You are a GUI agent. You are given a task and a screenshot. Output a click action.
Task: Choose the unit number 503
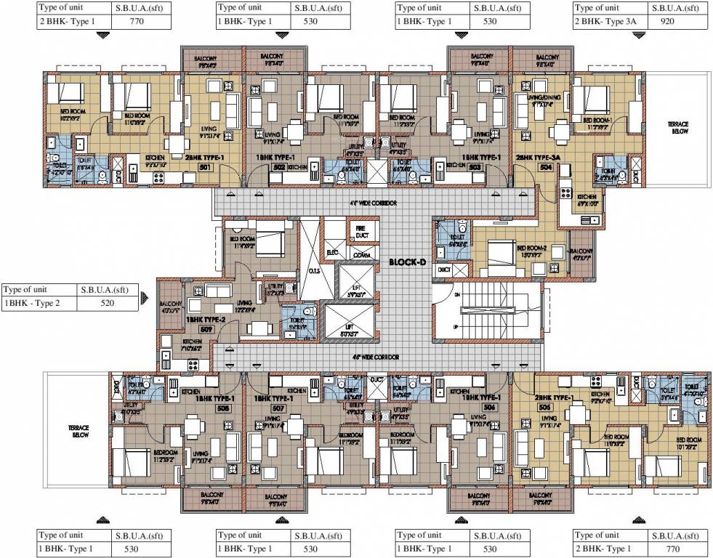tap(475, 166)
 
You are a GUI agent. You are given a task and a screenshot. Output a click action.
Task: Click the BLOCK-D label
tap(406, 262)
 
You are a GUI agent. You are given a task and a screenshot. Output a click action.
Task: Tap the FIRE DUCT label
tap(360, 232)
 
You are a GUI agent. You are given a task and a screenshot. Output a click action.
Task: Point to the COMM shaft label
tap(360, 255)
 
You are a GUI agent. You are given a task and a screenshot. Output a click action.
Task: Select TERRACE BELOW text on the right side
tap(678, 129)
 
